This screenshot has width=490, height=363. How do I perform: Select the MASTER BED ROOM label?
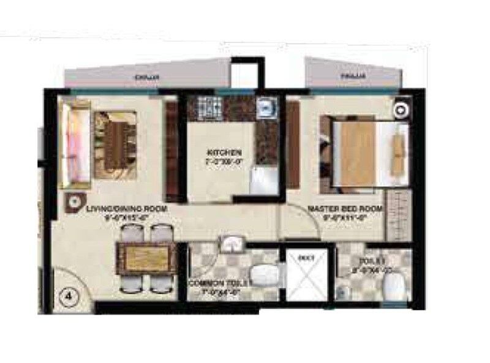pyautogui.click(x=345, y=209)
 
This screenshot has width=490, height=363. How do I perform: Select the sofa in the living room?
pyautogui.click(x=76, y=144)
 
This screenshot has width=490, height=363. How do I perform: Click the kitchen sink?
pyautogui.click(x=265, y=108)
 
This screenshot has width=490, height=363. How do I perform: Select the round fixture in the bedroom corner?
pyautogui.click(x=401, y=110)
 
